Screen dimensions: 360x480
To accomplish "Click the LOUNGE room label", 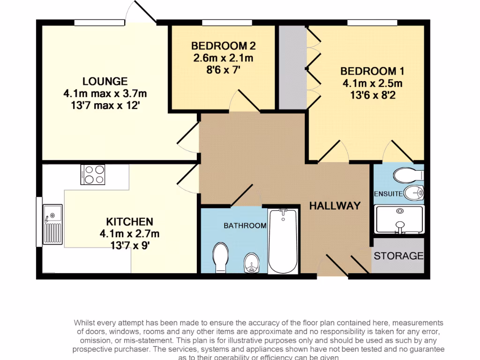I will pyautogui.click(x=105, y=81).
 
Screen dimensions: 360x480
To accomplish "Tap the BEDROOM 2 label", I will pyautogui.click(x=223, y=46).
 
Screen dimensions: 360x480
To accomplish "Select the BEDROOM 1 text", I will pyautogui.click(x=372, y=71).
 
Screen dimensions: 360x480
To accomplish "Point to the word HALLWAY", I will pyautogui.click(x=335, y=205).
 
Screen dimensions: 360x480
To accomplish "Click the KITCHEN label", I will pyautogui.click(x=129, y=221).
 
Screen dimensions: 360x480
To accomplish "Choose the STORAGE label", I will pyautogui.click(x=398, y=256).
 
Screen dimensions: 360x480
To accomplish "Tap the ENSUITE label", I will pyautogui.click(x=388, y=194).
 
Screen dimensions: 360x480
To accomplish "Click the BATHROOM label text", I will pyautogui.click(x=245, y=225).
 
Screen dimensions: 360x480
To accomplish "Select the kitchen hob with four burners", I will pyautogui.click(x=93, y=174).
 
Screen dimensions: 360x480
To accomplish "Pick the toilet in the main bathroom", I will pyautogui.click(x=220, y=257).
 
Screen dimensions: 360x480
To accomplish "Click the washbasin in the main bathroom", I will pyautogui.click(x=252, y=263).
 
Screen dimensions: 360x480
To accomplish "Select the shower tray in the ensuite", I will pyautogui.click(x=399, y=219).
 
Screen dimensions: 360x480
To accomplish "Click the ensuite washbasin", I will pyautogui.click(x=413, y=192).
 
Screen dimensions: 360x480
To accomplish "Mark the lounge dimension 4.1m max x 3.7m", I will pyautogui.click(x=105, y=94).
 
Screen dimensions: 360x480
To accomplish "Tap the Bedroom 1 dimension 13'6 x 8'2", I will pyautogui.click(x=372, y=95).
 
